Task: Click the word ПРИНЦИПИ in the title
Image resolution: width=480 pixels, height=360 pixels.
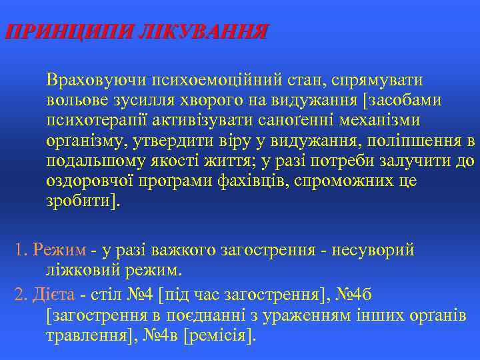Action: coord(67,32)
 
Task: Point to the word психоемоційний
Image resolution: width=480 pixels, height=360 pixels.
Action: coord(208,81)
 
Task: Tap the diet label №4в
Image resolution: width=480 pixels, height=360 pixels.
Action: coord(159,335)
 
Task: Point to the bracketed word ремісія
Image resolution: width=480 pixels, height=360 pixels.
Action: coord(219,335)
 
